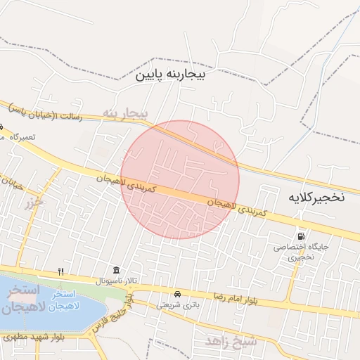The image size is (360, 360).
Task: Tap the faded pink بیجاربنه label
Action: pyautogui.click(x=126, y=112)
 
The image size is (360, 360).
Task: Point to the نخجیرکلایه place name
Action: pyautogui.click(x=316, y=197)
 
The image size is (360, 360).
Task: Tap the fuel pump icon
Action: pyautogui.click(x=302, y=236)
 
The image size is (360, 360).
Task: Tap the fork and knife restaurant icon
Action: pyautogui.click(x=61, y=271)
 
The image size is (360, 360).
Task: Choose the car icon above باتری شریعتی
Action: pyautogui.click(x=176, y=294)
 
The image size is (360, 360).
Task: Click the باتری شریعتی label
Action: pyautogui.click(x=178, y=304)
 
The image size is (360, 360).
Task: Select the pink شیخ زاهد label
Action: pyautogui.click(x=231, y=342)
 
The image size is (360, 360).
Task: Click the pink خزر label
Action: pyautogui.click(x=34, y=205)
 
